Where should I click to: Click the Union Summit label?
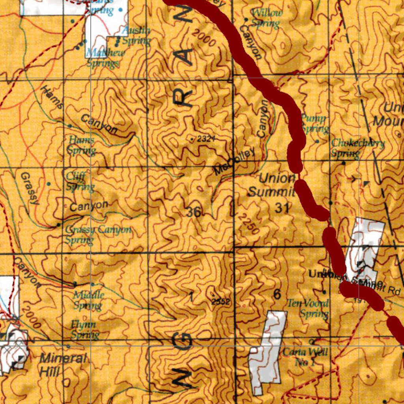pyautogui.click(x=271, y=185)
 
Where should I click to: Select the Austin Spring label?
pyautogui.click(x=136, y=36)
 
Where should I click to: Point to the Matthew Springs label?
pyautogui.click(x=105, y=58)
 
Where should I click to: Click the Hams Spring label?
pyautogui.click(x=81, y=145)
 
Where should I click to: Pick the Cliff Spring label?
pyautogui.click(x=80, y=181)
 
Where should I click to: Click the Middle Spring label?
pyautogui.click(x=88, y=300)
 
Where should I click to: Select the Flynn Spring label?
pyautogui.click(x=84, y=330)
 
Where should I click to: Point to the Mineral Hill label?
pyautogui.click(x=63, y=365)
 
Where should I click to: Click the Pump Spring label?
pyautogui.click(x=314, y=123)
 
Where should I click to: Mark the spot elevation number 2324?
pyautogui.click(x=206, y=139)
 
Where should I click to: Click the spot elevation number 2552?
pyautogui.click(x=221, y=302)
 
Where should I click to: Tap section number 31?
pyautogui.click(x=281, y=208)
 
